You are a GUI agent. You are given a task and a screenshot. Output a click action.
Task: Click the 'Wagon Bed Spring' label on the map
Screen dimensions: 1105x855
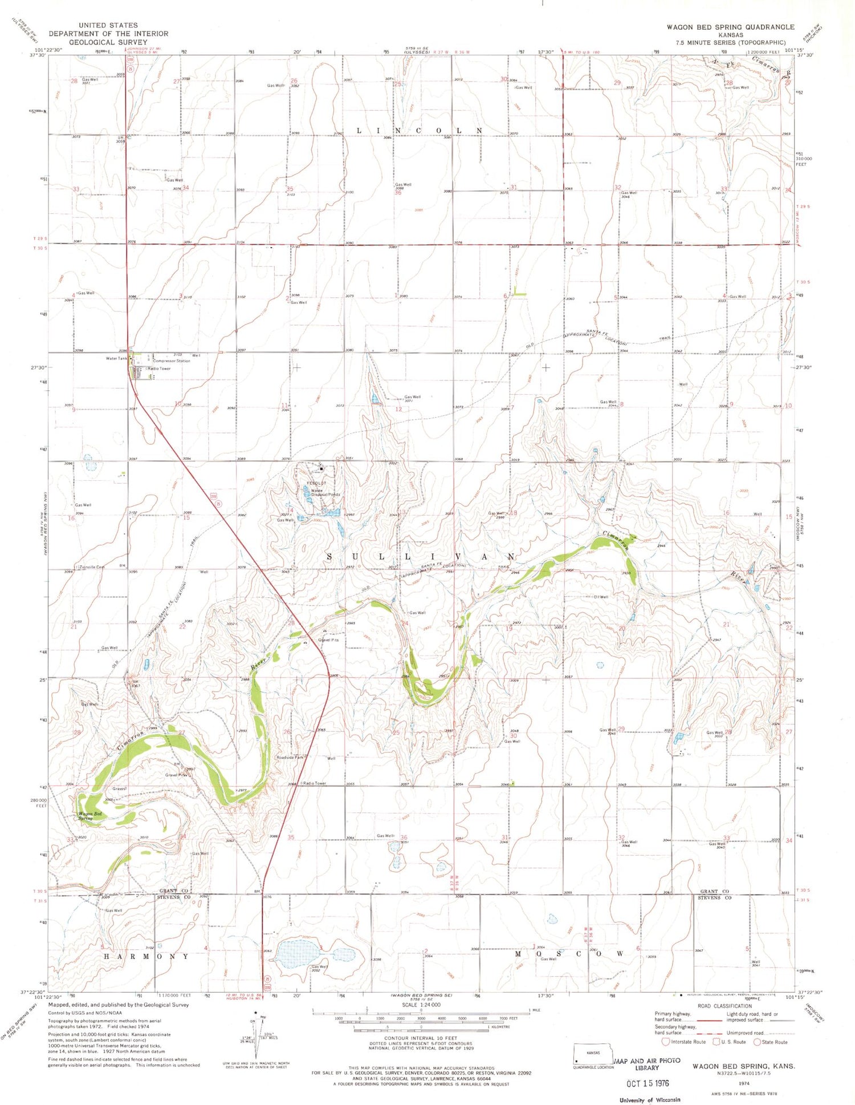point(90,816)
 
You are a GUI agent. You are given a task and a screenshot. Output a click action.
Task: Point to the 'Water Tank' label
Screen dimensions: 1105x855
point(116,358)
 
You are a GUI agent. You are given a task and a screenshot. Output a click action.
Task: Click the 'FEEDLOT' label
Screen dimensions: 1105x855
point(316,483)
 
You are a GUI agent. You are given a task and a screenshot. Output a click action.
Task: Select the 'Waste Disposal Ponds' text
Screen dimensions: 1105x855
point(324,492)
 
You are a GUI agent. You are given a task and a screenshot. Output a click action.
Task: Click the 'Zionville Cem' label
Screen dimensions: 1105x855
point(92,566)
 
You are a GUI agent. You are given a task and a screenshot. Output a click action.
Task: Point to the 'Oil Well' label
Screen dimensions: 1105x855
point(601,597)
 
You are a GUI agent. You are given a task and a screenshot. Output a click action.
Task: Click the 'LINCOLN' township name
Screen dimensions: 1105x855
point(420,131)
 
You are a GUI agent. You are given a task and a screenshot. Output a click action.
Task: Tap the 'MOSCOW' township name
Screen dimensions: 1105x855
point(569,953)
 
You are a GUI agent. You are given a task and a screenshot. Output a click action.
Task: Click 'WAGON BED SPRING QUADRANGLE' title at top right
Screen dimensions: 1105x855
point(730,27)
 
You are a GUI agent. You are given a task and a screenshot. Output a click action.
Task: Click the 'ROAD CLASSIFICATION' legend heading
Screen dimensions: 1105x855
point(724,1006)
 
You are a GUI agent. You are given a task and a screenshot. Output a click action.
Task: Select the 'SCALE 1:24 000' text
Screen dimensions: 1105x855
point(421,1005)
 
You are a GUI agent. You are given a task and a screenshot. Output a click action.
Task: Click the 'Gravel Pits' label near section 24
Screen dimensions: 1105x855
point(328,639)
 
